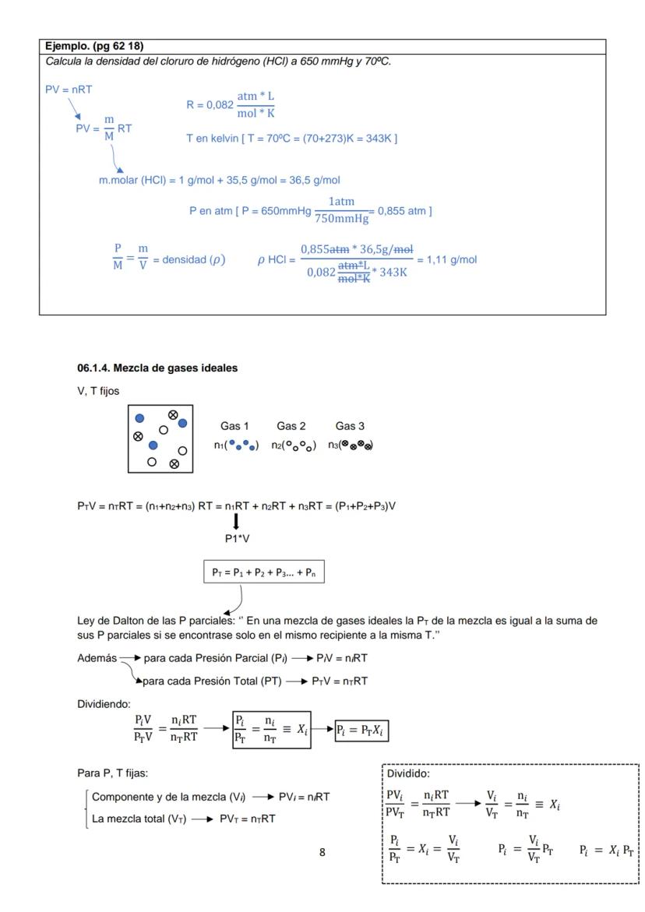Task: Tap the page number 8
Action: click(322, 830)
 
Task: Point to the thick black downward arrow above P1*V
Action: click(234, 519)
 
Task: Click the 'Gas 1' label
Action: click(231, 426)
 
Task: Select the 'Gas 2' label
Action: click(291, 426)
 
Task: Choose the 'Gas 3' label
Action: click(350, 426)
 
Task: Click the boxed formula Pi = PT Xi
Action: click(362, 729)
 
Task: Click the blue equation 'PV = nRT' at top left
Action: click(69, 90)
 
